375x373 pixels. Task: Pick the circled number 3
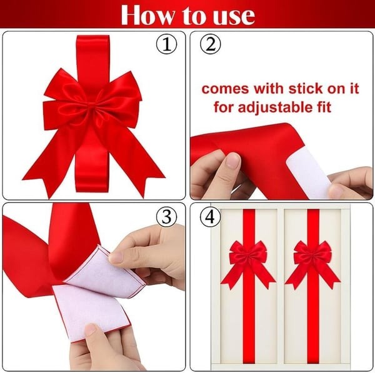[167, 217]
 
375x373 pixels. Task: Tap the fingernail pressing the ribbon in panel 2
[232, 161]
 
